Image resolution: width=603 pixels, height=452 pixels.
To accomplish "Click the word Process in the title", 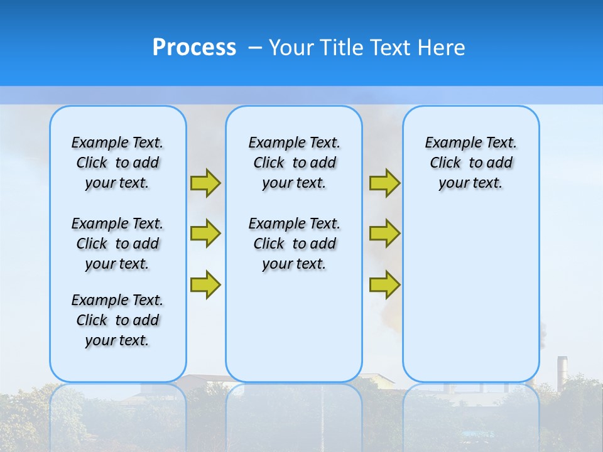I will tap(194, 48).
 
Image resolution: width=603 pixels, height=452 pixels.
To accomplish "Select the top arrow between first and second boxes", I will tap(205, 183).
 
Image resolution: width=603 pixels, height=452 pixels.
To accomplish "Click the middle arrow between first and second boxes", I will tap(205, 234).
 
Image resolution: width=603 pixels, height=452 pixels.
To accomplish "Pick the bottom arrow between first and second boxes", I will tap(205, 284).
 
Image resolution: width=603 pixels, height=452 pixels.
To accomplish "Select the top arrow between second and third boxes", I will tap(384, 183).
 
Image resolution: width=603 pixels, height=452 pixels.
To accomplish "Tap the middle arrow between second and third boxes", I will tap(384, 234).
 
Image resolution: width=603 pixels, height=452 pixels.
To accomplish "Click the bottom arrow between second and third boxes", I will tap(384, 284).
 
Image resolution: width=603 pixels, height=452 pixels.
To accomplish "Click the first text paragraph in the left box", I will tap(117, 163).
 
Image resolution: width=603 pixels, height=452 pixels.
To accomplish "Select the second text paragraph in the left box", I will tap(117, 244).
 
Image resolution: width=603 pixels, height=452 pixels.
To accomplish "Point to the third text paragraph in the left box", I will tap(117, 320).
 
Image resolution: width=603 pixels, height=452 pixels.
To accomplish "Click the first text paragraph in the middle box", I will tap(294, 163).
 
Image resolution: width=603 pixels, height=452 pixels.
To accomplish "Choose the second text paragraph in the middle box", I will tap(294, 244).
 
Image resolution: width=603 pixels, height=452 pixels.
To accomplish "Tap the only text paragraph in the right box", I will tap(470, 163).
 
